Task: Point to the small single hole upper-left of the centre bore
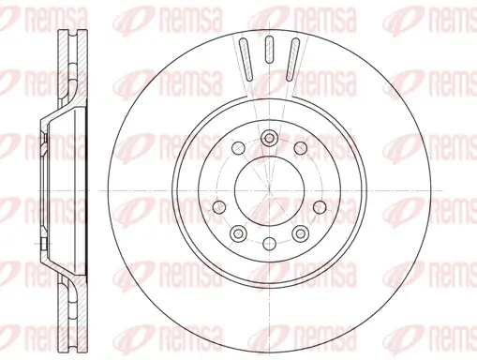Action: pyautogui.click(x=236, y=148)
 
